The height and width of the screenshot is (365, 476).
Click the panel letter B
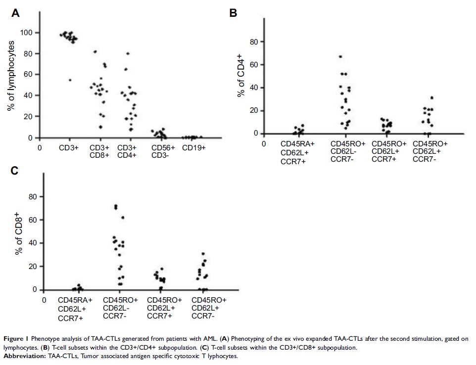tap(233, 14)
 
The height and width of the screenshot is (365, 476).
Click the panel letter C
tap(15, 171)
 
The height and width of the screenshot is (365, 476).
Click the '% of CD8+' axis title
tap(20, 239)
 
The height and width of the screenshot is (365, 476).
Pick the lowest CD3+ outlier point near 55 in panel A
tap(70, 80)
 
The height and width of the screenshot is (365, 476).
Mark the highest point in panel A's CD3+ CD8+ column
tap(95, 51)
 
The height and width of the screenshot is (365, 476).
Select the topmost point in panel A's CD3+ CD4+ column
tap(128, 53)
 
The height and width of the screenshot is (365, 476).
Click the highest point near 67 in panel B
tap(340, 57)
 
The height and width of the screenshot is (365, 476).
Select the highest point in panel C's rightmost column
tap(203, 254)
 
